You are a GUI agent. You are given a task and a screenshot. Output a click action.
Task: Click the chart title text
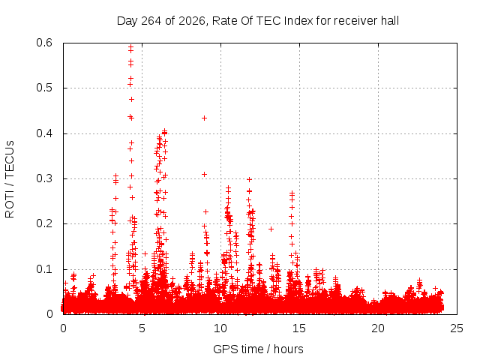[258, 21]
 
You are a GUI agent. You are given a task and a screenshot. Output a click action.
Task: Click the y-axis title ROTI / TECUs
[10, 179]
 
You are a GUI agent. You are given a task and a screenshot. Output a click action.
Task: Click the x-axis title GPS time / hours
[258, 349]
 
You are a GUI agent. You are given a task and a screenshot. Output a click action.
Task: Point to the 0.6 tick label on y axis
[44, 43]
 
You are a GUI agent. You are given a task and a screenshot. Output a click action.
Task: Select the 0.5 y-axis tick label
[44, 88]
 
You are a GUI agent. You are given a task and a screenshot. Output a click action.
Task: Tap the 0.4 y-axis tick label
[44, 133]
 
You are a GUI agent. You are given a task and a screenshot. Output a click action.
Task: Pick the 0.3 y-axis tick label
[44, 178]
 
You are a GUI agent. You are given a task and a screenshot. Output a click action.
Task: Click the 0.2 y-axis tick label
[44, 223]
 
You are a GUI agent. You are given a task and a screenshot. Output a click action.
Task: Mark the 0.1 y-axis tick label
[44, 269]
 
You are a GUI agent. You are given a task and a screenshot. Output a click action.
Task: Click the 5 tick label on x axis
[142, 328]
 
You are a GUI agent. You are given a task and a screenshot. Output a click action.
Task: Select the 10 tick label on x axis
[220, 328]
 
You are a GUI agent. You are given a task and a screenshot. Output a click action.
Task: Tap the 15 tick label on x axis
[299, 328]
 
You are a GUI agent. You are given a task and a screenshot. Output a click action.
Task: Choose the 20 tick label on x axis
[378, 328]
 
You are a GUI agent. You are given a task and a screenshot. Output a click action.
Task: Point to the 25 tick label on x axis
[457, 328]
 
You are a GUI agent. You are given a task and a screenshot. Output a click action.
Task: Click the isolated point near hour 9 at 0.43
[204, 118]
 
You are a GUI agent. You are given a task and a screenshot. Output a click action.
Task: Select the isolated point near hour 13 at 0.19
[271, 229]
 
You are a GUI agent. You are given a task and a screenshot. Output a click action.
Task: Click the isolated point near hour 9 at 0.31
[204, 175]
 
